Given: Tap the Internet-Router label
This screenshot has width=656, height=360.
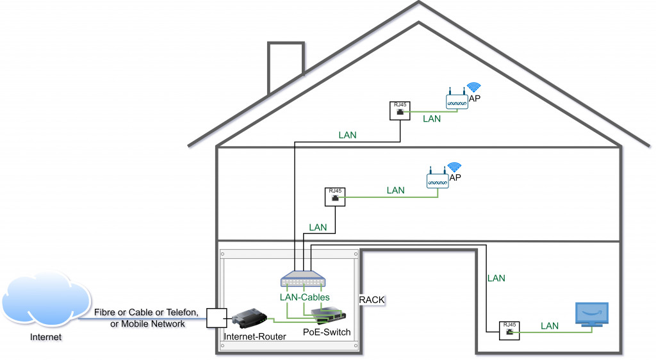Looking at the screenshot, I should tap(255, 337).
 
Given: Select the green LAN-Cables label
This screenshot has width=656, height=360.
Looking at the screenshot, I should tap(305, 297).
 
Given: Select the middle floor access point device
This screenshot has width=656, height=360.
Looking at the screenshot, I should tap(438, 180).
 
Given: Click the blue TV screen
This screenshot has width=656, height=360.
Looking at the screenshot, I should tap(591, 313).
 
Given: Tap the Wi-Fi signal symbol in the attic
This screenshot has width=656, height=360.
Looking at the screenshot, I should tap(473, 88).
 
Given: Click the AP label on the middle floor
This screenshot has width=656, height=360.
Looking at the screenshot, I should tap(455, 178).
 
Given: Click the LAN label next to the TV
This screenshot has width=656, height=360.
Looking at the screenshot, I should tap(550, 326).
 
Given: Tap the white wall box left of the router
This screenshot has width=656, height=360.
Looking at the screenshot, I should tap(215, 318).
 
